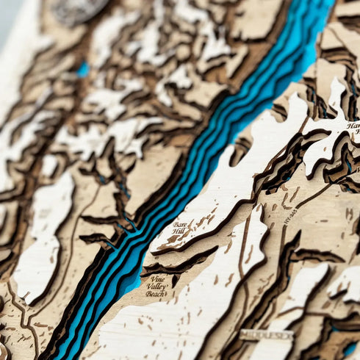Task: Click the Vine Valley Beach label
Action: pyautogui.click(x=155, y=286)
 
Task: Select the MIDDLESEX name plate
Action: pyautogui.click(x=265, y=335)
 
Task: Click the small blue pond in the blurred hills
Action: pyautogui.click(x=83, y=69)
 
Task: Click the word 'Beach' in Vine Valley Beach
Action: pyautogui.click(x=155, y=293)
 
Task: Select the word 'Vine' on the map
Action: pyautogui.click(x=156, y=278)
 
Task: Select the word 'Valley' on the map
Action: pyautogui.click(x=157, y=286)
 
